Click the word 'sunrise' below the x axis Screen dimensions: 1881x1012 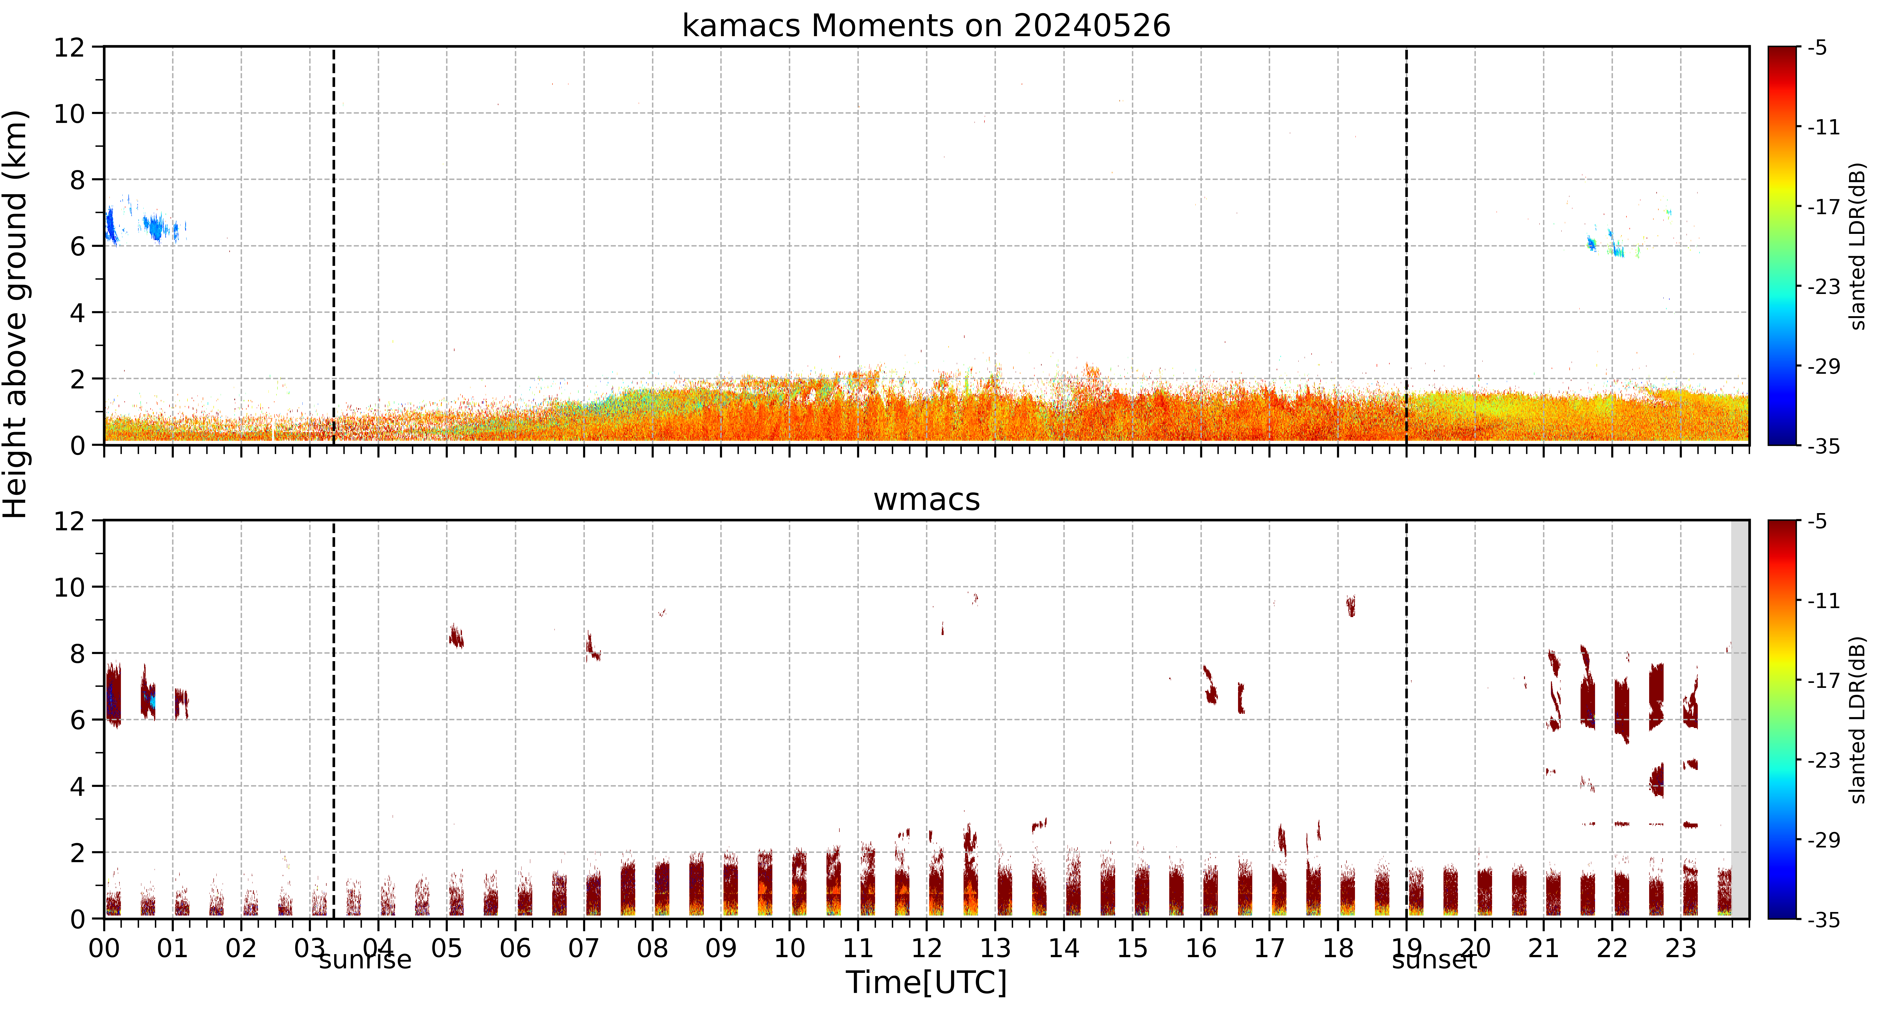click(365, 959)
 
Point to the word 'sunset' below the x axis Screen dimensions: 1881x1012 click(1434, 959)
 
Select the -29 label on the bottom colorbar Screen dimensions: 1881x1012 click(1823, 840)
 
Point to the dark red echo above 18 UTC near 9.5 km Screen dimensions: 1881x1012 click(1351, 605)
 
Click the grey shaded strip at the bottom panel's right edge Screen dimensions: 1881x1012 click(1740, 719)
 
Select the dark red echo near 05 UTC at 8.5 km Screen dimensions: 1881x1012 click(456, 636)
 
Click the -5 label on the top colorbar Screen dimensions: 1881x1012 click(1817, 48)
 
